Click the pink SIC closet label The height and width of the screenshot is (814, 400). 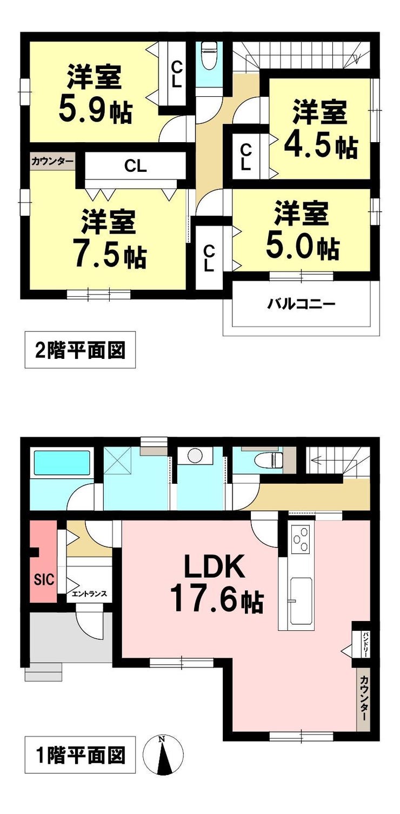pyautogui.click(x=44, y=579)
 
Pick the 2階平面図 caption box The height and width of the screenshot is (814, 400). pyautogui.click(x=81, y=350)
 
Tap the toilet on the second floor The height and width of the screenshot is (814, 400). pyautogui.click(x=209, y=55)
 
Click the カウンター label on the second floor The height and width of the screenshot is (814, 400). pyautogui.click(x=52, y=162)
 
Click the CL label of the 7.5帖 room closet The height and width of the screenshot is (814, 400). pyautogui.click(x=136, y=166)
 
